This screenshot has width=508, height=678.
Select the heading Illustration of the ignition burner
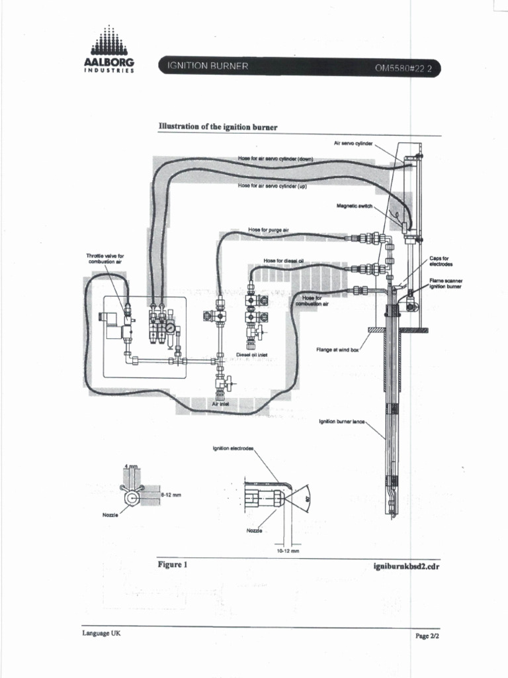218,126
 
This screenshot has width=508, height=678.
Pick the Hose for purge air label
269,230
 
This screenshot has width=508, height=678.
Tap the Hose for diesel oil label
282,260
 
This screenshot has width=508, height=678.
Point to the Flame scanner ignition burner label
445,283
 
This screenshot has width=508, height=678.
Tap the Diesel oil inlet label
251,355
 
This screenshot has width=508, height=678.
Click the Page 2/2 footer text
427,635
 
